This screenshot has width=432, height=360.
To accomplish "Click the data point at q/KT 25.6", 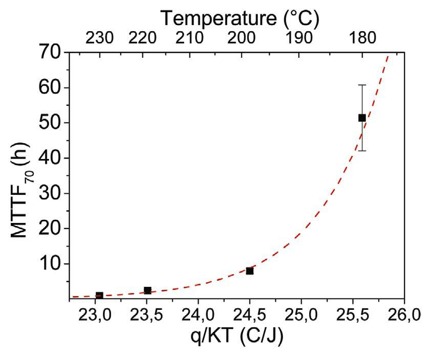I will [x=362, y=118].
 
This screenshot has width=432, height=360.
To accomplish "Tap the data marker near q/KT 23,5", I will [x=147, y=290].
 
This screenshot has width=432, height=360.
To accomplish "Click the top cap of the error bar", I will [x=362, y=85].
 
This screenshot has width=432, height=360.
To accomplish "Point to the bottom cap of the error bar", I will [x=362, y=150].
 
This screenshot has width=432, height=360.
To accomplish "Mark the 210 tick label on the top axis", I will [x=190, y=38].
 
